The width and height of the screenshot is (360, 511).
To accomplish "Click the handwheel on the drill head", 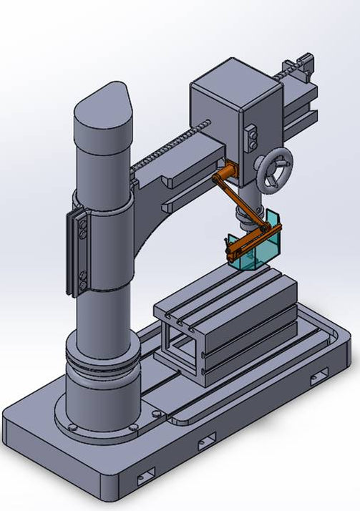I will click(x=276, y=170).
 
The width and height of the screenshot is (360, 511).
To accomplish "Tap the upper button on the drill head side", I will click(x=251, y=131).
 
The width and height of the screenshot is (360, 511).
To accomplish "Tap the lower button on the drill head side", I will click(x=251, y=142).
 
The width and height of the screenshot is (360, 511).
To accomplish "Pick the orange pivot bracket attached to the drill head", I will click(x=225, y=173).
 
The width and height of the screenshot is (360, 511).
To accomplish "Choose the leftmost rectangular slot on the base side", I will click(x=146, y=473).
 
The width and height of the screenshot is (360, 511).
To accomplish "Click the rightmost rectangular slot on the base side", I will click(x=319, y=374).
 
